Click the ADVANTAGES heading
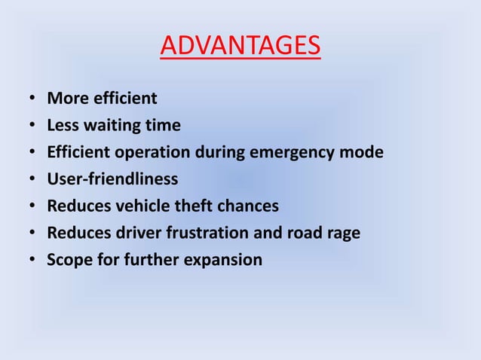coord(240,46)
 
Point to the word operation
coord(152,153)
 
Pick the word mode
coord(363,153)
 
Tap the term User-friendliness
coord(113,179)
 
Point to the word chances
coord(248,206)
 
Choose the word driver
coord(133,233)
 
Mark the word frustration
coord(202,233)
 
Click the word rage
coord(342,233)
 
